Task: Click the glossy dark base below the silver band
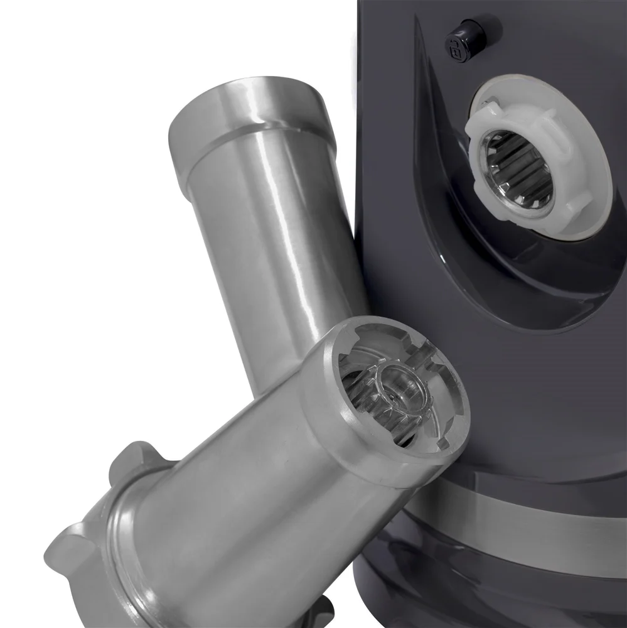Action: click(502, 590)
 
